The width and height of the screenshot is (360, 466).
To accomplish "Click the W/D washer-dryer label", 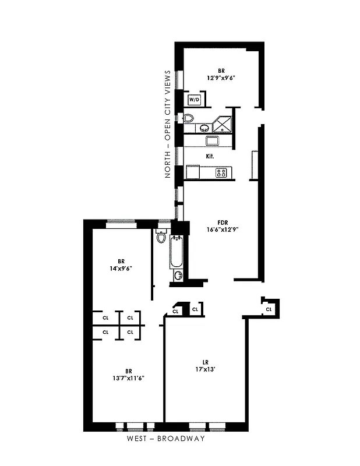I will [x=194, y=100].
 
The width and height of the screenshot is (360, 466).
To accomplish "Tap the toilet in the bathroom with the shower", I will [x=188, y=118].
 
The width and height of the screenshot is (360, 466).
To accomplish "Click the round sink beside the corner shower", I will [x=205, y=128].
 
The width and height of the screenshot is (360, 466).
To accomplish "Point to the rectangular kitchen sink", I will [x=211, y=141].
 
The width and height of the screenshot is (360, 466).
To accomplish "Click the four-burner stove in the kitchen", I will [x=221, y=172].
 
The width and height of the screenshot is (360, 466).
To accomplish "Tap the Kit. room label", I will [x=210, y=156].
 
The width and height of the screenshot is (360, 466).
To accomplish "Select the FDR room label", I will [x=222, y=222].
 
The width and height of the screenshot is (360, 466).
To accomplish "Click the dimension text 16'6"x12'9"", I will [x=222, y=230].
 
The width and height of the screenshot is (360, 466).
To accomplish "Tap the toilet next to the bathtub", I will [x=161, y=236].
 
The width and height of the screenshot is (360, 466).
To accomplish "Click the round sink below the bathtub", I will [x=178, y=275].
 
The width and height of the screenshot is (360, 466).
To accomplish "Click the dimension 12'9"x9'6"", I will [x=220, y=77].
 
